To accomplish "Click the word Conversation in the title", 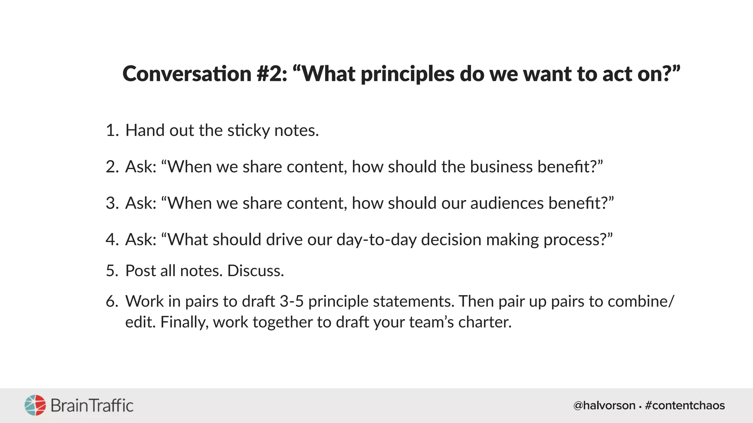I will click(187, 74).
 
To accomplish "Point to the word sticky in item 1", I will click(248, 131).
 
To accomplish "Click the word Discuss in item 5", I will click(254, 271).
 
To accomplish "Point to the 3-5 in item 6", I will click(291, 301).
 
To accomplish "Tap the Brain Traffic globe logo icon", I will click(35, 405).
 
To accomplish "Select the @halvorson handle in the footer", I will click(604, 405).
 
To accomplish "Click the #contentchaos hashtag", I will click(685, 405).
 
